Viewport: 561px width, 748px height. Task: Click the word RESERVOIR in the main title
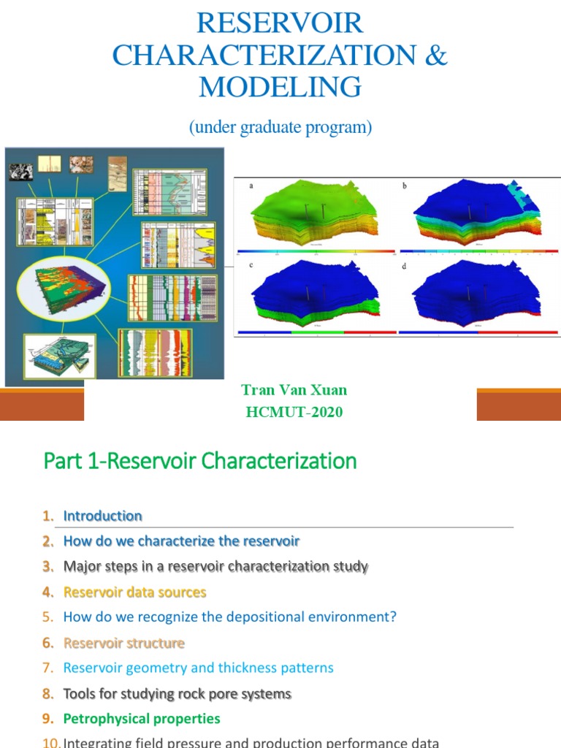[280, 23]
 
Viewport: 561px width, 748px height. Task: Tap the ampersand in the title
[435, 56]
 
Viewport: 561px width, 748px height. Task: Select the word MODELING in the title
[280, 87]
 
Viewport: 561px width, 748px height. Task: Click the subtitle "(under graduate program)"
[280, 127]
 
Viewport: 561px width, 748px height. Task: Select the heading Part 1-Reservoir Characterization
[200, 461]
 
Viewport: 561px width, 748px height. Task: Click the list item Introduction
[102, 516]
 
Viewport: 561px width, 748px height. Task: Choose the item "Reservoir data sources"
[134, 592]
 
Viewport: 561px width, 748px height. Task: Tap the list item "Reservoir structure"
[123, 643]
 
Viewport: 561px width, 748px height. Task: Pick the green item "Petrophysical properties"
[142, 719]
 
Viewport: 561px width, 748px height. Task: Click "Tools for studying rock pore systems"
[177, 693]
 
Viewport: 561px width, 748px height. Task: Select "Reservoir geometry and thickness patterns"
[198, 668]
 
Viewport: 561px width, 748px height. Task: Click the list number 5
[47, 617]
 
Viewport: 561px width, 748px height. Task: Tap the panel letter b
[404, 186]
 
